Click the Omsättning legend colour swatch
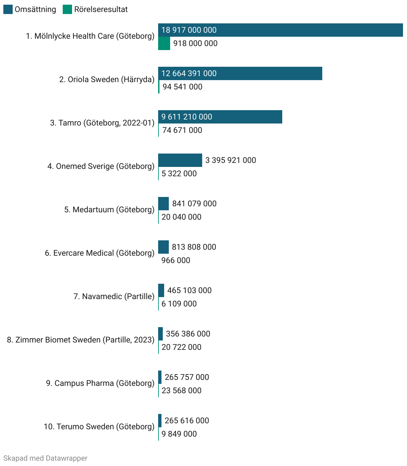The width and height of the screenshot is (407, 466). (8, 9)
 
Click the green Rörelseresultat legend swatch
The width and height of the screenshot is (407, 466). (67, 9)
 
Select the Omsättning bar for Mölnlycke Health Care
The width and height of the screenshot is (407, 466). (280, 30)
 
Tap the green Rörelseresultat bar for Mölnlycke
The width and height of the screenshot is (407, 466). (164, 43)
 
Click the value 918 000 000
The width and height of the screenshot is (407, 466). (195, 43)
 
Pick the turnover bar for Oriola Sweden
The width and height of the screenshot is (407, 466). (240, 73)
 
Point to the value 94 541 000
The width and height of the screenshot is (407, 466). (182, 87)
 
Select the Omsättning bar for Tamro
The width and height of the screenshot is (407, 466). (220, 117)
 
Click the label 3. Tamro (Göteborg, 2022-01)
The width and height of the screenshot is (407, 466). (102, 123)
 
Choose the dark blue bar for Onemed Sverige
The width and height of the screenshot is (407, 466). (180, 160)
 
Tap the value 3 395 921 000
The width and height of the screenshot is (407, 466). (231, 160)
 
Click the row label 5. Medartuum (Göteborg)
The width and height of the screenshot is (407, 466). (109, 210)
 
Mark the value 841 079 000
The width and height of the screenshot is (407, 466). (194, 204)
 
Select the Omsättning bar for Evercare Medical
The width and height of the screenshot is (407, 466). (163, 247)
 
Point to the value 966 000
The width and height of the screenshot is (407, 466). (176, 260)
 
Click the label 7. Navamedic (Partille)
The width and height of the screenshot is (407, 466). (114, 296)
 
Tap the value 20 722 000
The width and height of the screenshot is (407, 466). (181, 347)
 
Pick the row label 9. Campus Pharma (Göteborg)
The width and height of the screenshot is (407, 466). (100, 383)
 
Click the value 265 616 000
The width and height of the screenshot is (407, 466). (187, 421)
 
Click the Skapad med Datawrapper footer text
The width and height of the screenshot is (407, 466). (45, 458)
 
